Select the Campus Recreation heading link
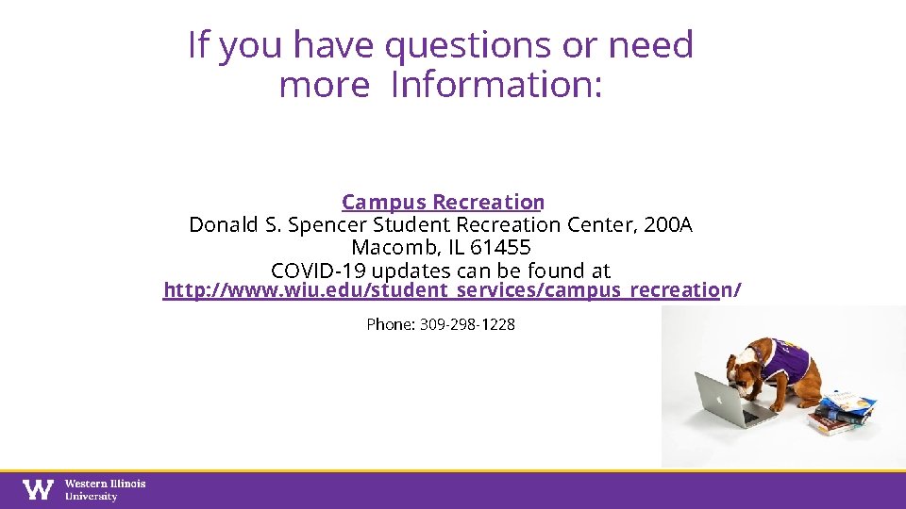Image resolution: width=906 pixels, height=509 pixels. point(443,202)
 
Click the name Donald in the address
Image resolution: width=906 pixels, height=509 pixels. point(224,225)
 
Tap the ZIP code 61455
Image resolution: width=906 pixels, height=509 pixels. point(500,248)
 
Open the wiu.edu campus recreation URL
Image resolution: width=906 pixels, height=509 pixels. point(451,291)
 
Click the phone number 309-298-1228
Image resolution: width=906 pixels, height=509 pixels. point(467,324)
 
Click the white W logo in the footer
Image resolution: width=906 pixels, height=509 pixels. point(39,489)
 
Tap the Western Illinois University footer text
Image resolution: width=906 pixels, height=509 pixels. point(104,489)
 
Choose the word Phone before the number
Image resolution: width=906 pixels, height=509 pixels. point(390,324)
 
